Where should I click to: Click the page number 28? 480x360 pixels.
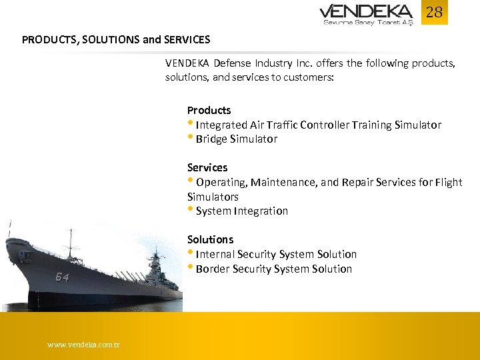(x=434, y=13)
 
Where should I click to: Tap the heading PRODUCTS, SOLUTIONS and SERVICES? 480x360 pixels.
(x=116, y=39)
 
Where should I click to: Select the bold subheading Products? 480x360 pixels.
(x=209, y=110)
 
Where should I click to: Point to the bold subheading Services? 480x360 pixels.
(x=207, y=167)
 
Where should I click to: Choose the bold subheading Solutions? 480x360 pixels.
(x=210, y=239)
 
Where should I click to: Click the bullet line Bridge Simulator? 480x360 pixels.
(x=236, y=139)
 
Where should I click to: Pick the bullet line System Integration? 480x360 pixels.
(x=241, y=211)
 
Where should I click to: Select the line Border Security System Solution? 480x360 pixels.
(x=273, y=269)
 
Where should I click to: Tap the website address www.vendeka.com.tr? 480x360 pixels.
(x=83, y=345)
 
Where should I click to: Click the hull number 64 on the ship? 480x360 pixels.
(x=62, y=277)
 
